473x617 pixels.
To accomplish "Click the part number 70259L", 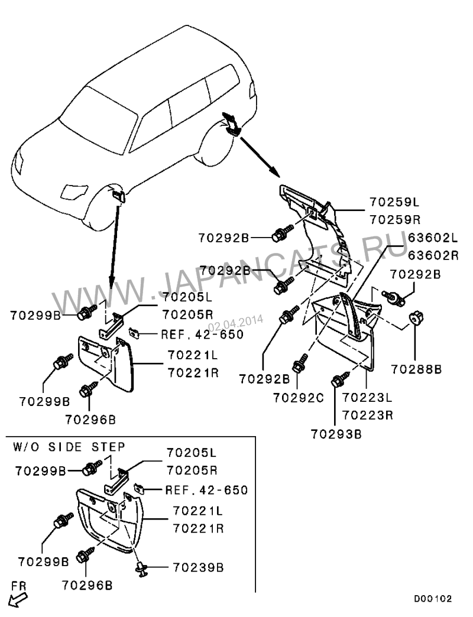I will click(394, 202).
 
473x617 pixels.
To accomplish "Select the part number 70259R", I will click(394, 219).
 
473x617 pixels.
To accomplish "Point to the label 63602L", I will click(433, 238).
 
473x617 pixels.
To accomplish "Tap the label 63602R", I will click(433, 255).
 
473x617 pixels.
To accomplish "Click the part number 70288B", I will click(416, 369).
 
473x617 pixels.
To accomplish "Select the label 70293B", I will click(336, 433).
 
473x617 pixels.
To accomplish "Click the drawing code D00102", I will click(432, 599).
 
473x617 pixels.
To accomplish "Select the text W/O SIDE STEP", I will click(69, 445).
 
